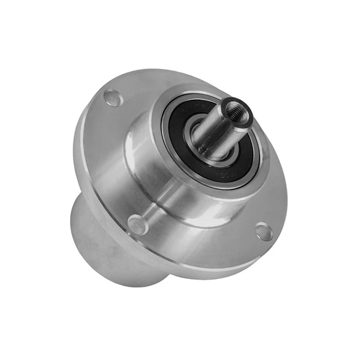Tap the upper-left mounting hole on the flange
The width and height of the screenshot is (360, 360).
point(113,98)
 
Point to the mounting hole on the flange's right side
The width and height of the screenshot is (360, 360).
point(264,231)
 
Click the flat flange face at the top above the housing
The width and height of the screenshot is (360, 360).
point(148,85)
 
